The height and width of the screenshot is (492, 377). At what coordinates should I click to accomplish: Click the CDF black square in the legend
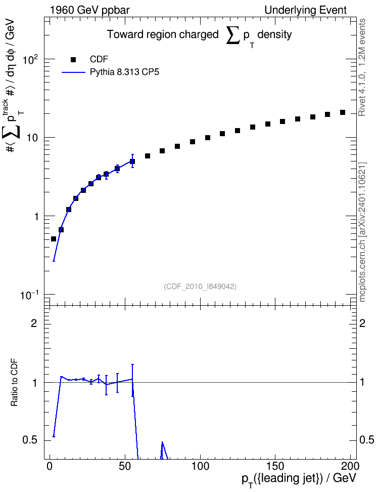(x=73, y=59)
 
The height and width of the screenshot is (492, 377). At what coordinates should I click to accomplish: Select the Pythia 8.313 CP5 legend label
(x=124, y=72)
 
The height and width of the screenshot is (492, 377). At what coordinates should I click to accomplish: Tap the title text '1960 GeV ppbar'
(x=89, y=10)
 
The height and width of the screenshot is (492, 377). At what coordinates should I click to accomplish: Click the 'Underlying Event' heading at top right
(x=306, y=10)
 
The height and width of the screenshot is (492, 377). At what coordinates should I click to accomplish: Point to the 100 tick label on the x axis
(x=200, y=466)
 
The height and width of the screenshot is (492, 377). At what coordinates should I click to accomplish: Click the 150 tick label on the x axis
(x=275, y=466)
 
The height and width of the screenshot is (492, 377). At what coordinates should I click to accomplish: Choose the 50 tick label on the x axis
(x=125, y=466)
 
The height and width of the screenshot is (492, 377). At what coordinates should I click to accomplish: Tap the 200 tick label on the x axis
(x=350, y=466)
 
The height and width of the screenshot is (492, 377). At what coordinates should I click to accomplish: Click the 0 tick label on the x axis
(x=50, y=466)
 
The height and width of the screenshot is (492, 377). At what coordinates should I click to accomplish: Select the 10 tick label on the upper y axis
(x=32, y=138)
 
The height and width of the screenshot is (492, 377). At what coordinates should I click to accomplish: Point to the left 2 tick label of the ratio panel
(x=34, y=323)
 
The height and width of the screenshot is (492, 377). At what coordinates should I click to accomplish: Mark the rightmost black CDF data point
(x=343, y=112)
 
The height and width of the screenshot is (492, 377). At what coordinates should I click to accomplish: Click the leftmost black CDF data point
(x=54, y=239)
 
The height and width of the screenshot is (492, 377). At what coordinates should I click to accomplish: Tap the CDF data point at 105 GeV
(x=208, y=138)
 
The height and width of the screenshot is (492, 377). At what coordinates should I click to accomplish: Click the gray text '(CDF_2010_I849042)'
(x=200, y=286)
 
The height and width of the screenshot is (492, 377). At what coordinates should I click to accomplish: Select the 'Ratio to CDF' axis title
(x=15, y=383)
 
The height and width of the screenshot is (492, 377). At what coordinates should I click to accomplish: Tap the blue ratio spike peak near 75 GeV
(x=162, y=442)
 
